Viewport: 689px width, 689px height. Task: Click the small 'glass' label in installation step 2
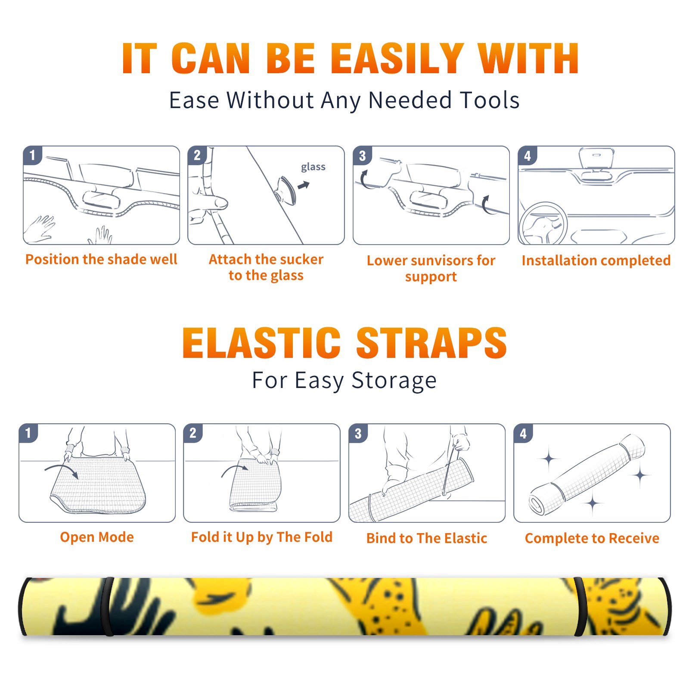click(x=313, y=167)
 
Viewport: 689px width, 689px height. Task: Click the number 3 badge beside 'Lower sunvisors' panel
click(x=363, y=155)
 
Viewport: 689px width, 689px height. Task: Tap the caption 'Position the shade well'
click(x=101, y=259)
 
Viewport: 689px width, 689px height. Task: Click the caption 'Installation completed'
click(x=596, y=260)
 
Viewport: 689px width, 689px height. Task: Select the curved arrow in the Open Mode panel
click(x=62, y=470)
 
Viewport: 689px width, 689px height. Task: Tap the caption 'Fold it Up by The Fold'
click(x=262, y=537)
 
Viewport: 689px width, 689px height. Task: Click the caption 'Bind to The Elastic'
click(x=427, y=538)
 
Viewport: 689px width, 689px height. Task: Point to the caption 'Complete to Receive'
click(x=592, y=538)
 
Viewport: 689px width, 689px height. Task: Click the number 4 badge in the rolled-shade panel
click(x=523, y=433)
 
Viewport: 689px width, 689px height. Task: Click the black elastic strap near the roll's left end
click(x=109, y=606)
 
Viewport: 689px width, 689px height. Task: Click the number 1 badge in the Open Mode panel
click(x=28, y=433)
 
